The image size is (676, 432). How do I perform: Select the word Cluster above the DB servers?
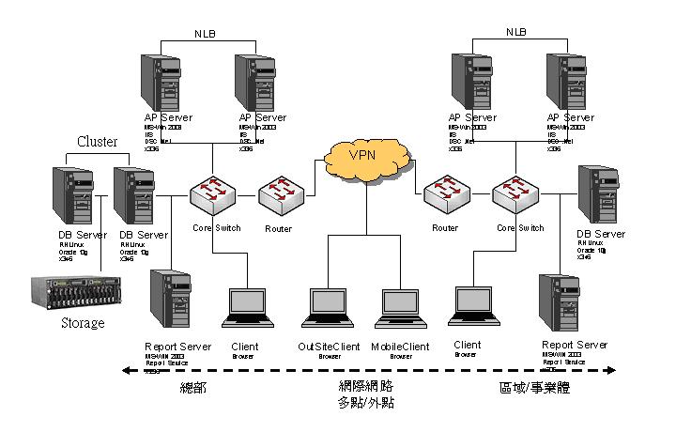[x=97, y=142]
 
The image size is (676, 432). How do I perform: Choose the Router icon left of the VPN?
[x=279, y=195]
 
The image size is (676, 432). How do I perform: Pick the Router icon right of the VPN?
[x=444, y=195]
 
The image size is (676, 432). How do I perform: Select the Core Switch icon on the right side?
[x=515, y=195]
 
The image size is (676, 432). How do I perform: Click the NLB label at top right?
[x=516, y=32]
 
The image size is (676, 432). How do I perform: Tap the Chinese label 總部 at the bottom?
[x=192, y=388]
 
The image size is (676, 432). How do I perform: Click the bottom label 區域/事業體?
[x=535, y=388]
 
